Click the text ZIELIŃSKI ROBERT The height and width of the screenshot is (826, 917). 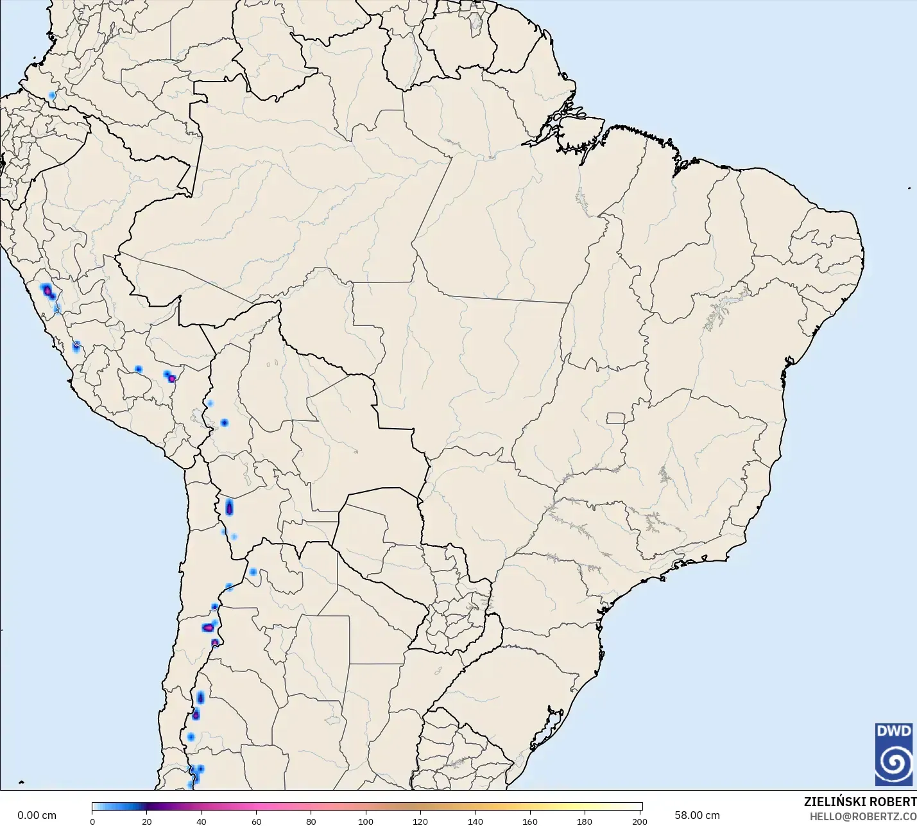click(x=860, y=802)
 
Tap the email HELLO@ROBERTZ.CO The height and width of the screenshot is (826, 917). click(x=862, y=816)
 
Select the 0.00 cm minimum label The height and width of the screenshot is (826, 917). click(x=37, y=816)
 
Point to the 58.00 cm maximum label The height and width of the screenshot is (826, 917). click(x=697, y=816)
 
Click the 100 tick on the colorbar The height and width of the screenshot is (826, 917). click(x=366, y=822)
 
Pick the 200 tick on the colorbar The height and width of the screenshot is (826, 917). click(x=640, y=822)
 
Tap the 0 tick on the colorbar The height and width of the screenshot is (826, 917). click(x=92, y=822)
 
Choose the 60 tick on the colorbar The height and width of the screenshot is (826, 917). click(x=257, y=822)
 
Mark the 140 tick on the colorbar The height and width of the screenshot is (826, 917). click(x=476, y=822)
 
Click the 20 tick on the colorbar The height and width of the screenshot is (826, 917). click(x=147, y=822)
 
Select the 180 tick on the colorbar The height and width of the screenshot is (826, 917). click(x=585, y=822)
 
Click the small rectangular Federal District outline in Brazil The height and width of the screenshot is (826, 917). click(x=616, y=418)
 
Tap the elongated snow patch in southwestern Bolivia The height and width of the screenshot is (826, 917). click(x=229, y=508)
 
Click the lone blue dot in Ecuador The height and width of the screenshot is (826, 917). click(x=52, y=96)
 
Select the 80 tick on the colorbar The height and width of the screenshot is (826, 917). click(x=311, y=822)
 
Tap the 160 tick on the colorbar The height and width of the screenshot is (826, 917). click(x=530, y=822)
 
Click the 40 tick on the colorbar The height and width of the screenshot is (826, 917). click(x=201, y=822)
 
